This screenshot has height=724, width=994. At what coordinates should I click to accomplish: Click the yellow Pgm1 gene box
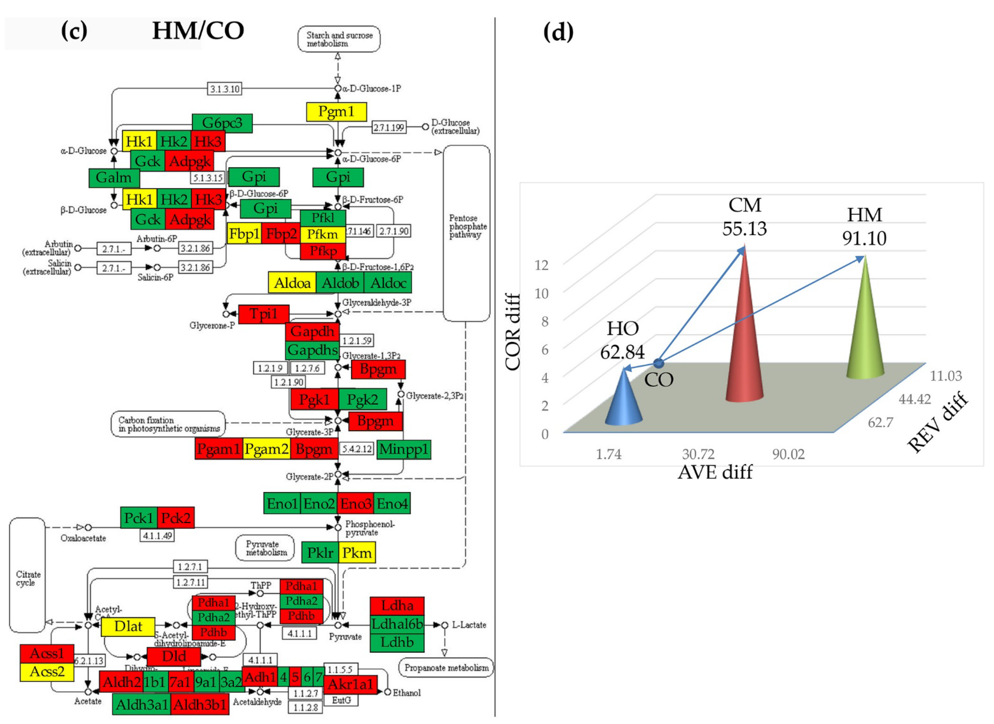pos(336,112)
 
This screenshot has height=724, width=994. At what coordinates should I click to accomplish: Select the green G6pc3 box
pos(222,123)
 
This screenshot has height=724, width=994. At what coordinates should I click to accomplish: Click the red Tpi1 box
pos(263,314)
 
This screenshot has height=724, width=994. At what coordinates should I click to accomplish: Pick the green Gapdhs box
pos(312,350)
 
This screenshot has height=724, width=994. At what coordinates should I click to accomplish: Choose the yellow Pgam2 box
pos(266,449)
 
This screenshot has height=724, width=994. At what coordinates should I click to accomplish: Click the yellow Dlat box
pos(128,626)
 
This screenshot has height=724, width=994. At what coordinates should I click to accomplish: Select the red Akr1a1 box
pos(350,684)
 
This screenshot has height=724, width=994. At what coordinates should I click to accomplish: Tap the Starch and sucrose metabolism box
pos(339,39)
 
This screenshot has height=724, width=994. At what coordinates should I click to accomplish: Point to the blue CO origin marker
pos(658,363)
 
